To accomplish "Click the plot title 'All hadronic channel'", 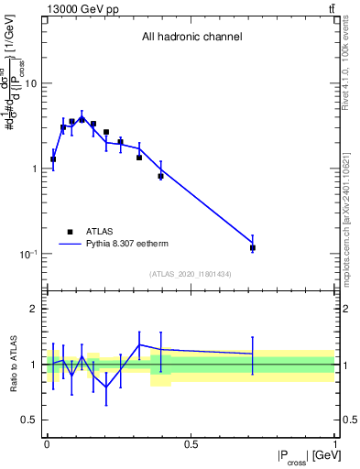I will pos(191,37).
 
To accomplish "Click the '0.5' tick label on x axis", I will pos(191,444).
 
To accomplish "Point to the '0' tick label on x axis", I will pos(47,444).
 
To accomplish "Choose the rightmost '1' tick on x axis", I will pos(334,444).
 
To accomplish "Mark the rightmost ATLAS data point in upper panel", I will pos(253,247).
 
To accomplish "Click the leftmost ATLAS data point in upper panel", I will pos(53,159).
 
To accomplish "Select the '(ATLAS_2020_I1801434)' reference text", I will pos(191,274).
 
